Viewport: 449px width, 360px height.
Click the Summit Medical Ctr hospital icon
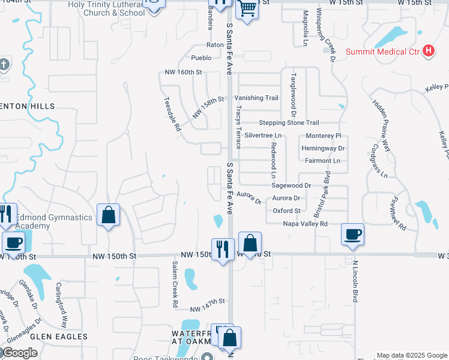[428, 51]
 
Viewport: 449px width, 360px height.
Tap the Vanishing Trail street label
[256, 98]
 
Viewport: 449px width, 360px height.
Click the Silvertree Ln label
[262, 136]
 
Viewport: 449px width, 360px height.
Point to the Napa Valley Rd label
[306, 224]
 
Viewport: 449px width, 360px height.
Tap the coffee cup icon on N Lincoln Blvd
[352, 235]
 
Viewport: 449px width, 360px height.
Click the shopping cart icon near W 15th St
[247, 10]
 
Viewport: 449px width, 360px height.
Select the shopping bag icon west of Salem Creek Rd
[108, 216]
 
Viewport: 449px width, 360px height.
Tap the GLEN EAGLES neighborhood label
[60, 337]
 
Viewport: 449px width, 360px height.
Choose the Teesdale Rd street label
[172, 115]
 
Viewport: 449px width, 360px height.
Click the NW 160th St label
[183, 72]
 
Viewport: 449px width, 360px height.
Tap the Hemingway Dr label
[324, 148]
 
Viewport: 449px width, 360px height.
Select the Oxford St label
[286, 211]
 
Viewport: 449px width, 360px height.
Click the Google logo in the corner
[20, 353]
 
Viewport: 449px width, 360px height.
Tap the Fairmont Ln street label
[322, 161]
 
